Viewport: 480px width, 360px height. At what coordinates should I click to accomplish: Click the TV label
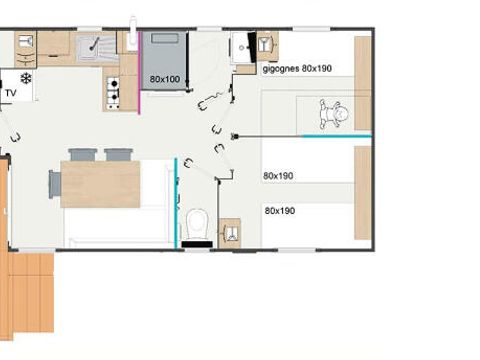11,93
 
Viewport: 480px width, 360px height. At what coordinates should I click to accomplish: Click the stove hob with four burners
113,93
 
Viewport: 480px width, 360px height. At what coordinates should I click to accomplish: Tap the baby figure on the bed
331,114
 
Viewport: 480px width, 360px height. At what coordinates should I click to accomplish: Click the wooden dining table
100,184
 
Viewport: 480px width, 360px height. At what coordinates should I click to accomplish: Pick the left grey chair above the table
83,155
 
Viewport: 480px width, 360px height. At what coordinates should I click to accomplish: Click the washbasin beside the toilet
230,232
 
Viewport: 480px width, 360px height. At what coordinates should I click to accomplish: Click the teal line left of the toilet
176,200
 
